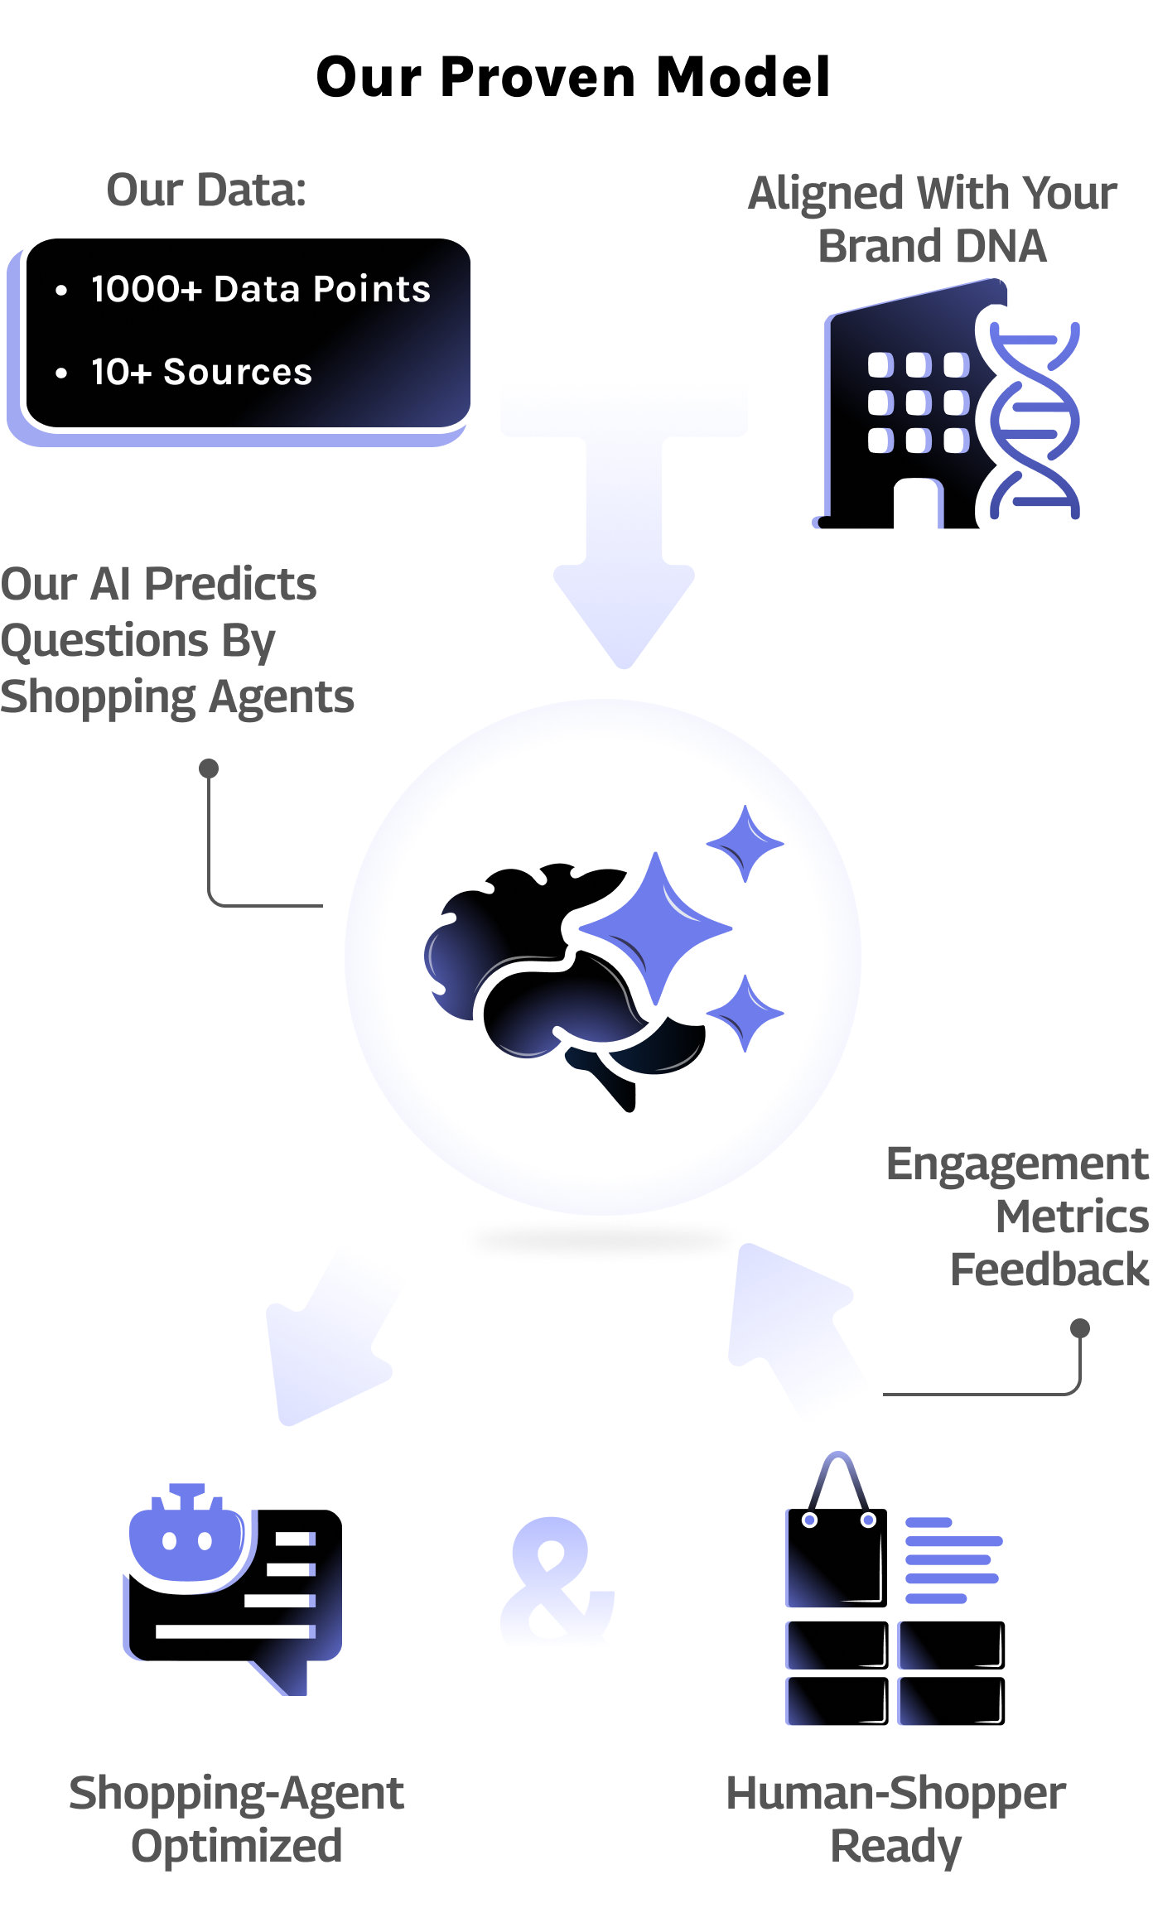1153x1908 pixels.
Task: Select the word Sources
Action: click(238, 373)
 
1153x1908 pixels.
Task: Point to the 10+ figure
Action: click(121, 373)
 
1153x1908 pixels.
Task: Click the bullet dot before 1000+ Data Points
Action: click(61, 291)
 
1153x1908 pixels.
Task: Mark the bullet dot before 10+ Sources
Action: click(61, 373)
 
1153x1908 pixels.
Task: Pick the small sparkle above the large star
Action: click(745, 843)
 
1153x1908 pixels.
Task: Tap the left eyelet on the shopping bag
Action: click(810, 1520)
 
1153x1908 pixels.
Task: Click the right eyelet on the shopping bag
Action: click(868, 1520)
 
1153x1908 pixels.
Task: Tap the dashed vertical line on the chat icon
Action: click(312, 1583)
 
